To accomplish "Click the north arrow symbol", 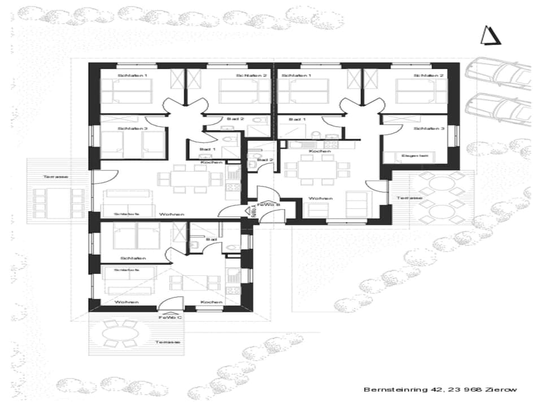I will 490,36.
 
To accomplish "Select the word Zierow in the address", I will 502,389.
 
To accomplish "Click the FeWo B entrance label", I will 266,205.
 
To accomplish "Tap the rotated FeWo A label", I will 253,211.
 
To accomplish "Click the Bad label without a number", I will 212,240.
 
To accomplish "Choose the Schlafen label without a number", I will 133,258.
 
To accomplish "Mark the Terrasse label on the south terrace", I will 168,342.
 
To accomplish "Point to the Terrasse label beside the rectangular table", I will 56,176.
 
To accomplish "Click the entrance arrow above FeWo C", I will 169,311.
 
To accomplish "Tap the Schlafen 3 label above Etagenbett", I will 429,129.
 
